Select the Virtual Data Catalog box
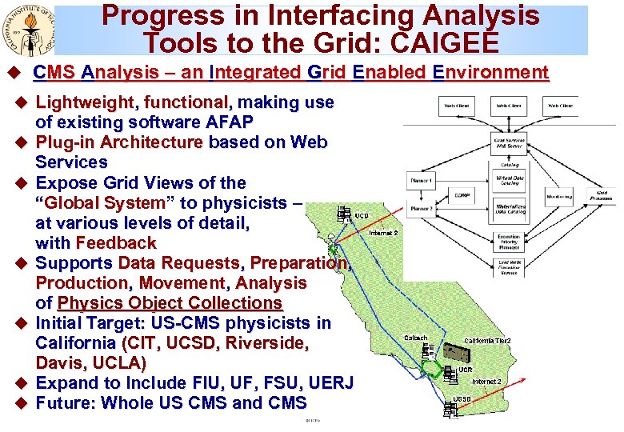(x=510, y=180)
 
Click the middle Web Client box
(x=509, y=106)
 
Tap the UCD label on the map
(x=362, y=215)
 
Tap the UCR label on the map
(x=464, y=370)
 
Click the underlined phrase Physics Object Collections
(x=170, y=303)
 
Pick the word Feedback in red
(x=116, y=243)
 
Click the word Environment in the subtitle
(x=490, y=73)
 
